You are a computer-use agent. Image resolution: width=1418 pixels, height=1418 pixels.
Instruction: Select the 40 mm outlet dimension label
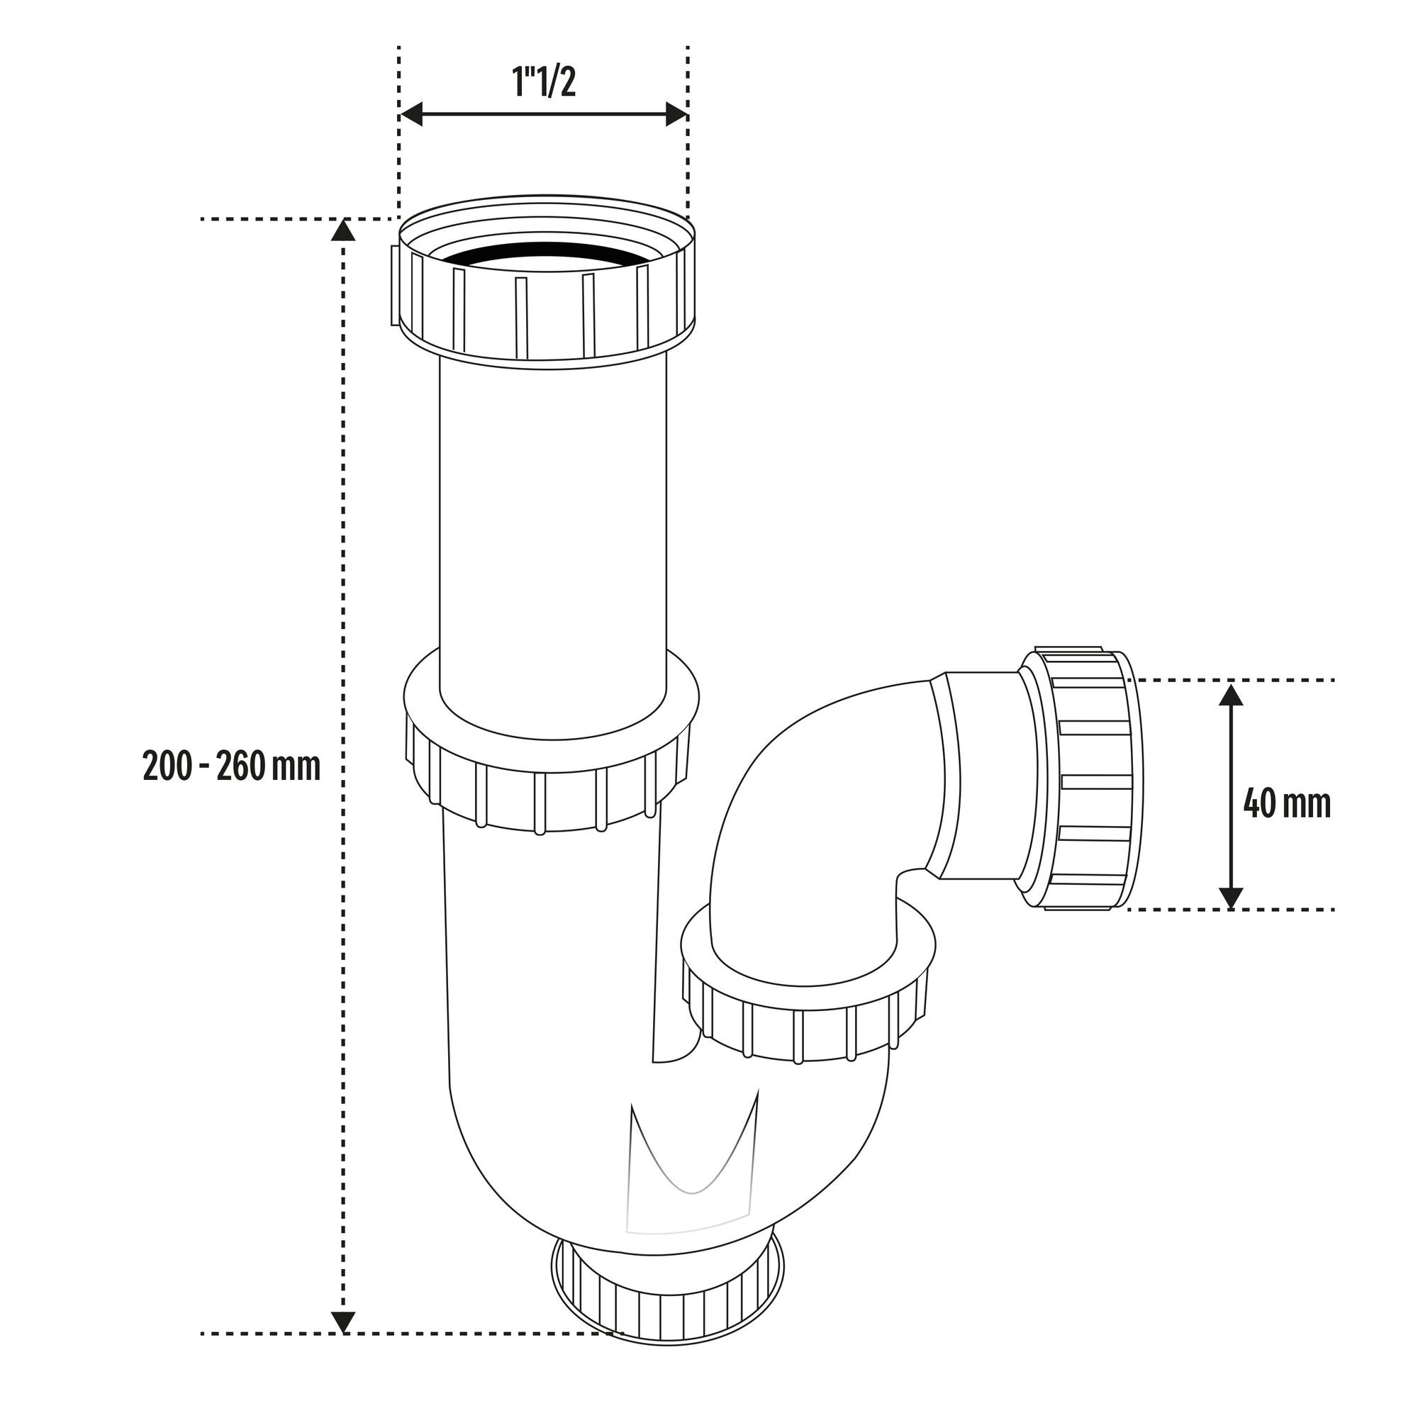(1287, 804)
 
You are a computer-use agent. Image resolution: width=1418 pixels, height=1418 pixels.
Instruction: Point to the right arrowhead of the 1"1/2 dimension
(676, 113)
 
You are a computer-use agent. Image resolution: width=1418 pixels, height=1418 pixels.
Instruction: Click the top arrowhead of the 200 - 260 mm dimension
(342, 230)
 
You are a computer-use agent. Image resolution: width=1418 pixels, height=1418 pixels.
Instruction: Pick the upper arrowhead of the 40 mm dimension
(1230, 693)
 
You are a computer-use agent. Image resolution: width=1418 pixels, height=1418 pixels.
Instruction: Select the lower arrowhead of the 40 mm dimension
(1230, 898)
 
